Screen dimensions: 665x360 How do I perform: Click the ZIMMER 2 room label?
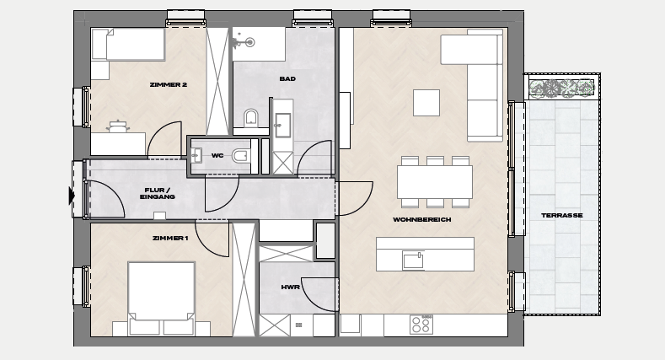169,85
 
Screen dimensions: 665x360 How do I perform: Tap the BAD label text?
287,79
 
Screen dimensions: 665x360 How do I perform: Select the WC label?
217,156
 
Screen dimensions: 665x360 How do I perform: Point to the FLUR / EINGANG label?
157,193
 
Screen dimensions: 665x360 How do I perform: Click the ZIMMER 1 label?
170,239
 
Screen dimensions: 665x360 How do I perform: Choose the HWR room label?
291,287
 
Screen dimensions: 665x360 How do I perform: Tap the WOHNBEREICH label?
422,220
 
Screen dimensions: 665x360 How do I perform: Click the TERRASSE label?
562,215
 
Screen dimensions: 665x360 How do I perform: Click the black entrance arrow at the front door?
72,196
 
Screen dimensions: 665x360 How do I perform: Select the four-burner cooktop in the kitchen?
421,325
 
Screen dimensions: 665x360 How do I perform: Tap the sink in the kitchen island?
413,261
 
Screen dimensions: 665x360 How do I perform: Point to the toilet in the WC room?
241,156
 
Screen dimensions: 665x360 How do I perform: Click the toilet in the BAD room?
251,117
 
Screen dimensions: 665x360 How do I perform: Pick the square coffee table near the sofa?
426,103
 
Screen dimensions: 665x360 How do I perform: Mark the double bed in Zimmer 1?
161,298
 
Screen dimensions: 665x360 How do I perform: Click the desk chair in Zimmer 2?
118,126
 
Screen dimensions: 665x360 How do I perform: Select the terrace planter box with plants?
561,89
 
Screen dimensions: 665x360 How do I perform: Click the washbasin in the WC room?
196,156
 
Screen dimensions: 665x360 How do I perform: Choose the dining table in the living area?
435,182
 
